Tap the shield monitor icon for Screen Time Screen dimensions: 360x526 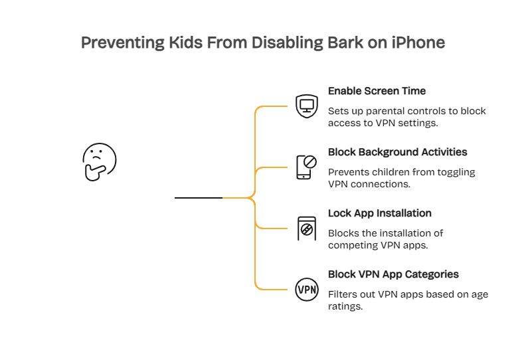tap(306, 105)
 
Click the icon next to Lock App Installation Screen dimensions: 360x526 tap(306, 228)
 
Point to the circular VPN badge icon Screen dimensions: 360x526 tap(306, 290)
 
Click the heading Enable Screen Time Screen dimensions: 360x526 tap(377, 91)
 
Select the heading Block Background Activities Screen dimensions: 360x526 tap(397, 152)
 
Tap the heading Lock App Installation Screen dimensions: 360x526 tap(379, 213)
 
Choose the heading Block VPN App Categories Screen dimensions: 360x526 tap(393, 274)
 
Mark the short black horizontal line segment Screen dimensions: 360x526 tap(198, 198)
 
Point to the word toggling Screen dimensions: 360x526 tap(456, 172)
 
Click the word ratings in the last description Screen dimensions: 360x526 tap(345, 306)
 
